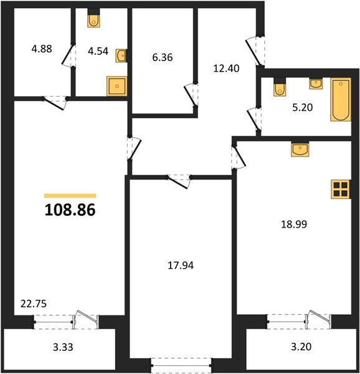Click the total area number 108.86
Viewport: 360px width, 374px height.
[70, 209]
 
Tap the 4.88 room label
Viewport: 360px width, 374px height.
[42, 49]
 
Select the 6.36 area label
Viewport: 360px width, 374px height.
[163, 57]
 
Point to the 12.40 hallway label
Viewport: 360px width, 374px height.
[226, 69]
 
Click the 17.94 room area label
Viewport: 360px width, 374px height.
[181, 266]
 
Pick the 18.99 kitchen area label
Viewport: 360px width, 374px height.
[294, 224]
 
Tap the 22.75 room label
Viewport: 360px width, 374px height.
[34, 304]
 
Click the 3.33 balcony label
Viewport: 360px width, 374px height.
[63, 347]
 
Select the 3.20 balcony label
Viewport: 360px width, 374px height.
[301, 347]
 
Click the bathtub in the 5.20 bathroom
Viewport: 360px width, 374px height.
[341, 100]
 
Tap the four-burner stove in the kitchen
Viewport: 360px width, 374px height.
[341, 189]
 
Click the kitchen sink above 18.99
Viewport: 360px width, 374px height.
[300, 149]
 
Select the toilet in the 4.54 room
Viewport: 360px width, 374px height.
[93, 18]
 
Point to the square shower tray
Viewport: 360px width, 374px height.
[116, 86]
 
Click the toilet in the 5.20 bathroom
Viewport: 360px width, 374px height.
[280, 87]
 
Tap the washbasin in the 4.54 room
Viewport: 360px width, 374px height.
[121, 56]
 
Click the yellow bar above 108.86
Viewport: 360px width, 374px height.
[70, 196]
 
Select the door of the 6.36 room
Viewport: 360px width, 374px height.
[191, 95]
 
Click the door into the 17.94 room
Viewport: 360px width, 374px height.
[179, 181]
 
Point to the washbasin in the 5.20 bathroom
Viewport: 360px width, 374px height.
[316, 84]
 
